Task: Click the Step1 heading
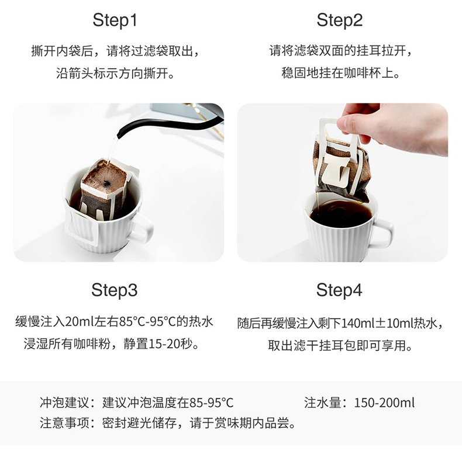coord(115,20)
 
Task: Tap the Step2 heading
coord(339,20)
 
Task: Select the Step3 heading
coord(115,290)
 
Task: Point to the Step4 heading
coord(339,290)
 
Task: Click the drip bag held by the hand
coord(340,168)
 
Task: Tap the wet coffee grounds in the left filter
coord(104,179)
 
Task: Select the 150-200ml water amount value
coord(384,403)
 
